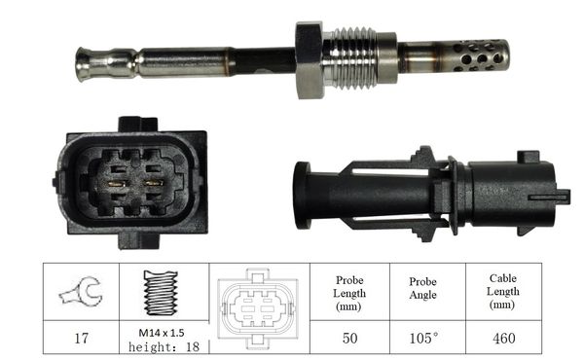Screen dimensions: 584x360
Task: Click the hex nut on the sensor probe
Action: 309,60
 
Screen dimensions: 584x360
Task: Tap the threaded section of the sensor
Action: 351,58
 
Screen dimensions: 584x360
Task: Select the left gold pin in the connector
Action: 117,183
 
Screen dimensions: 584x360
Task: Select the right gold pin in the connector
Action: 154,183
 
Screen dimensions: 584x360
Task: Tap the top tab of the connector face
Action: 138,124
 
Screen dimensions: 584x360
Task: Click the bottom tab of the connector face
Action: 138,241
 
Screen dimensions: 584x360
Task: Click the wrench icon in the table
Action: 81,291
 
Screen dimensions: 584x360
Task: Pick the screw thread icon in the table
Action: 161,293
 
